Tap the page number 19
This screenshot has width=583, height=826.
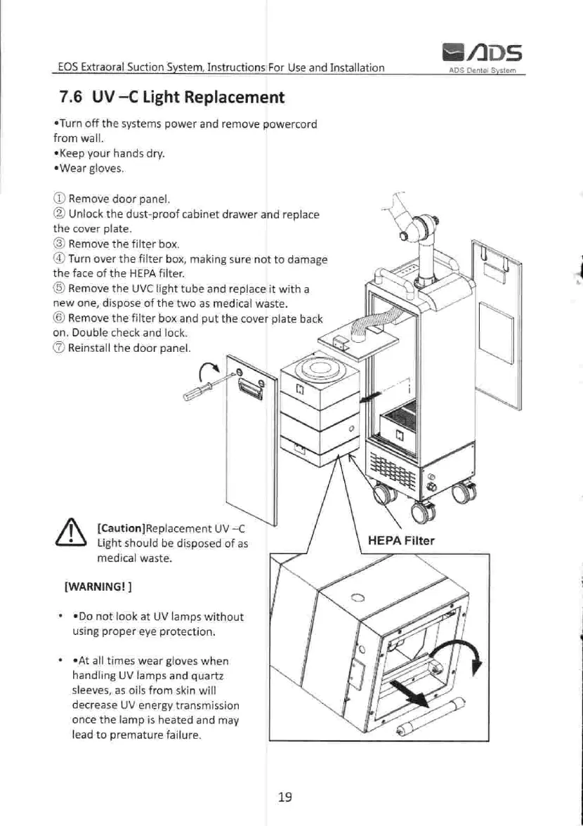pos(284,796)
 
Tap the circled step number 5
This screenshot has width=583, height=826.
pos(59,289)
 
